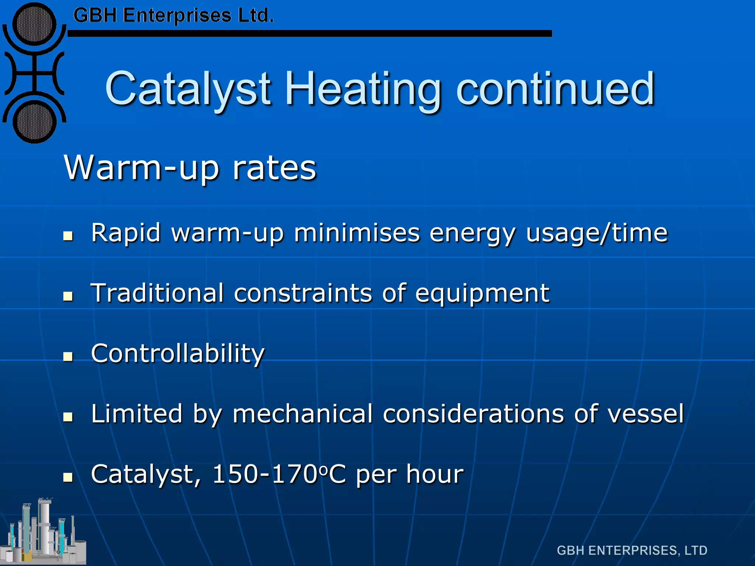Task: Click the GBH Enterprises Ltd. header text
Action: tap(173, 16)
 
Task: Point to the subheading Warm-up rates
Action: tap(190, 168)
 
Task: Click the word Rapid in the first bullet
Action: tap(126, 233)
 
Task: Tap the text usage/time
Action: tap(596, 233)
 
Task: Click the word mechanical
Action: tap(303, 413)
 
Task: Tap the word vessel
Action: tap(646, 413)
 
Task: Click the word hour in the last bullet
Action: tap(435, 474)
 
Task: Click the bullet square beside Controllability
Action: tap(68, 356)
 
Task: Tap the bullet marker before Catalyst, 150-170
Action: tap(68, 477)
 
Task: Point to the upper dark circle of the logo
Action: tap(34, 24)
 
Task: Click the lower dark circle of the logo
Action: tap(34, 122)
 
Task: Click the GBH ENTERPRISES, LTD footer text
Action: tap(632, 551)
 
